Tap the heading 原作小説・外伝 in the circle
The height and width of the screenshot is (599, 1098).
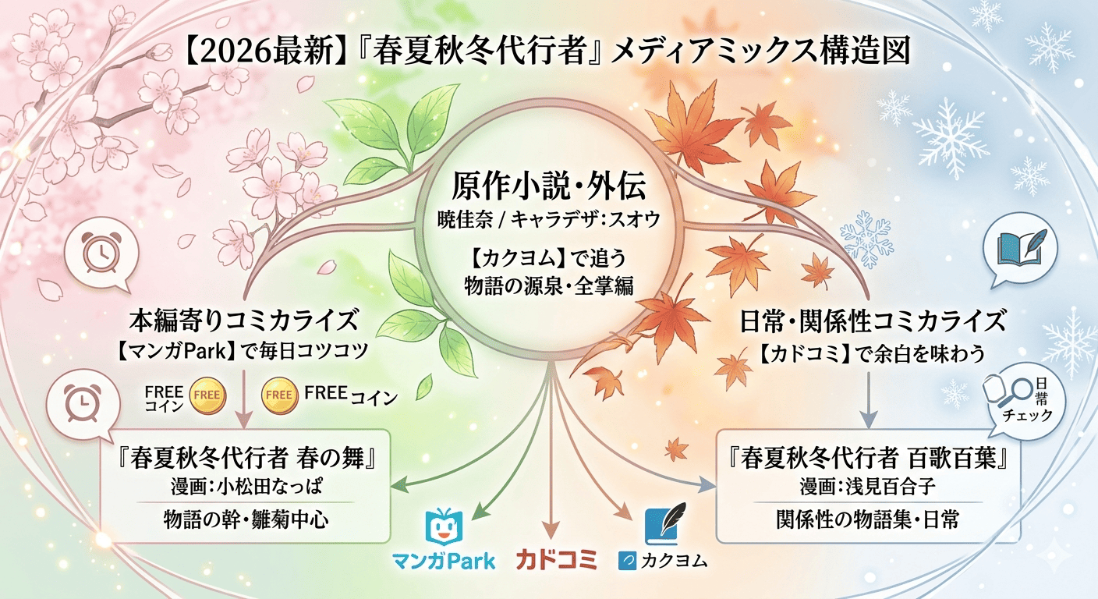coord(548,186)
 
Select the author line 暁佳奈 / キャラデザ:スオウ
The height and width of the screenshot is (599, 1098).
coord(548,220)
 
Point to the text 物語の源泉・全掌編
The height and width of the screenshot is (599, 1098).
coord(548,285)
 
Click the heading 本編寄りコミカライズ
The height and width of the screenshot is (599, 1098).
coord(243,320)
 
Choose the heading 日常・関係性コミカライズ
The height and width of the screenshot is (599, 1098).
coord(872,321)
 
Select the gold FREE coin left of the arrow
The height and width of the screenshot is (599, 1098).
coord(207,395)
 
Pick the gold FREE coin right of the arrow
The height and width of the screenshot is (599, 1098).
coord(279,395)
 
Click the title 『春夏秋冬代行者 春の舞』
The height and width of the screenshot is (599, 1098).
coord(246,459)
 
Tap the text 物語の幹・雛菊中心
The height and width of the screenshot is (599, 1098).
coord(246,519)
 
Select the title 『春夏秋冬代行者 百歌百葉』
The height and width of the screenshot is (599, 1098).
coord(868,459)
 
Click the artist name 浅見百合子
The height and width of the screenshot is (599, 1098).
coord(890,487)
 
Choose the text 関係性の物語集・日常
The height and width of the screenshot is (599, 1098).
coord(867,519)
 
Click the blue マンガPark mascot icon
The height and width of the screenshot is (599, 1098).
coord(444,526)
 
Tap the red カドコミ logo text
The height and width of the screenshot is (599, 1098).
coord(557,560)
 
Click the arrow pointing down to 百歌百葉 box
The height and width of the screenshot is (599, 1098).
coord(869,400)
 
